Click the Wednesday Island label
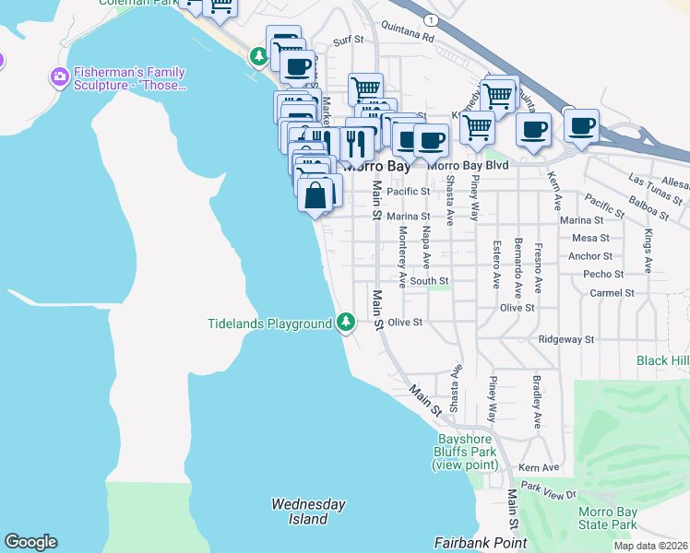[308, 512]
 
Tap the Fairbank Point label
[481, 544]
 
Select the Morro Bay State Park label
[607, 518]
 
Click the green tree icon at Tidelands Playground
[345, 322]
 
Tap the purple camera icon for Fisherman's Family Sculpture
[60, 76]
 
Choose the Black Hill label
[662, 360]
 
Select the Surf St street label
[349, 41]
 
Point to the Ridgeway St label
[566, 339]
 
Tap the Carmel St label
[613, 292]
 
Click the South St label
[429, 280]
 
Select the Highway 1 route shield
[432, 18]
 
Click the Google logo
[30, 542]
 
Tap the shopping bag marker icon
[315, 195]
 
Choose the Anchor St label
[590, 256]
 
